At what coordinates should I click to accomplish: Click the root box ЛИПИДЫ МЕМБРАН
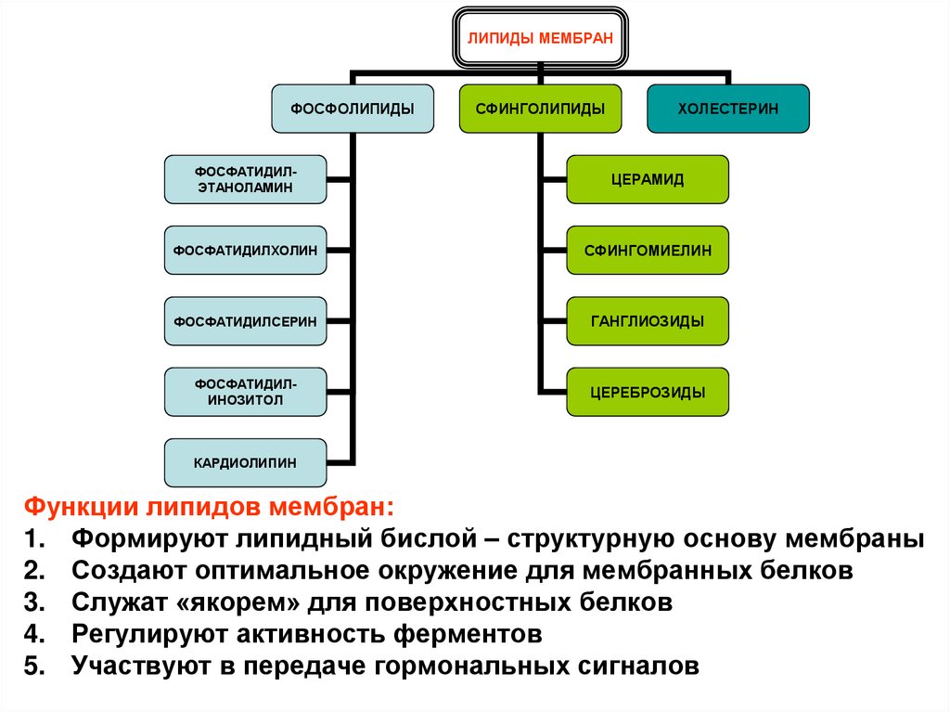pos(539,38)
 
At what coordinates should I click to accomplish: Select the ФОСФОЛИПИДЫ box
pos(353,109)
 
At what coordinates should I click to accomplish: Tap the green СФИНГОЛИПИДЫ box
pos(540,109)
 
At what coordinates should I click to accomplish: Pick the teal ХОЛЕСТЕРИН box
pos(727,109)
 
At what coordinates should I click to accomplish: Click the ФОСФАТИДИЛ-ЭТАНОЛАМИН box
pos(245,179)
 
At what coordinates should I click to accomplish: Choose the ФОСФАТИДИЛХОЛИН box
pos(245,250)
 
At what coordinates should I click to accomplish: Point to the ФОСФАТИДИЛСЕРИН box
pos(245,321)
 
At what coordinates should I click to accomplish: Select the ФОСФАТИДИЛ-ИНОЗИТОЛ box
pos(245,392)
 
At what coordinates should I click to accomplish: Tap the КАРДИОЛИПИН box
pos(245,462)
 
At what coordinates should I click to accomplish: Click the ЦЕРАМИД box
pos(648,179)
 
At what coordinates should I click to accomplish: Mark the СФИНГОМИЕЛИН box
pos(648,250)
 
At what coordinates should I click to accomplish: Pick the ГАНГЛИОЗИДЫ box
pos(648,321)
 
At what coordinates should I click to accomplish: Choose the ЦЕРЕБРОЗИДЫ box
pos(648,392)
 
